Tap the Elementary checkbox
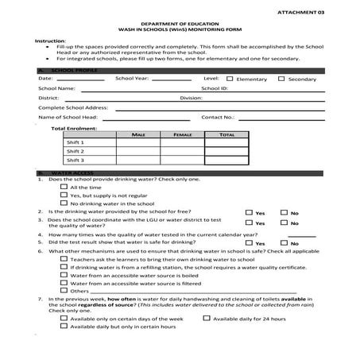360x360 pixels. [230, 79]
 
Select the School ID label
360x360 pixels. [215, 88]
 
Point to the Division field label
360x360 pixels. [191, 98]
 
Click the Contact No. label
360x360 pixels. [217, 117]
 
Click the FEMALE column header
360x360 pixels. [182, 134]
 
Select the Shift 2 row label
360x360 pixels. [75, 151]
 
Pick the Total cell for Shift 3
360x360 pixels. [226, 160]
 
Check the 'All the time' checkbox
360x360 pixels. [64, 188]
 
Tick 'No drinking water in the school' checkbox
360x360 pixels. [64, 203]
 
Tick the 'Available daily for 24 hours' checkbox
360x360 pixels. [207, 317]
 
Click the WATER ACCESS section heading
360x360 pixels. [72, 172]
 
